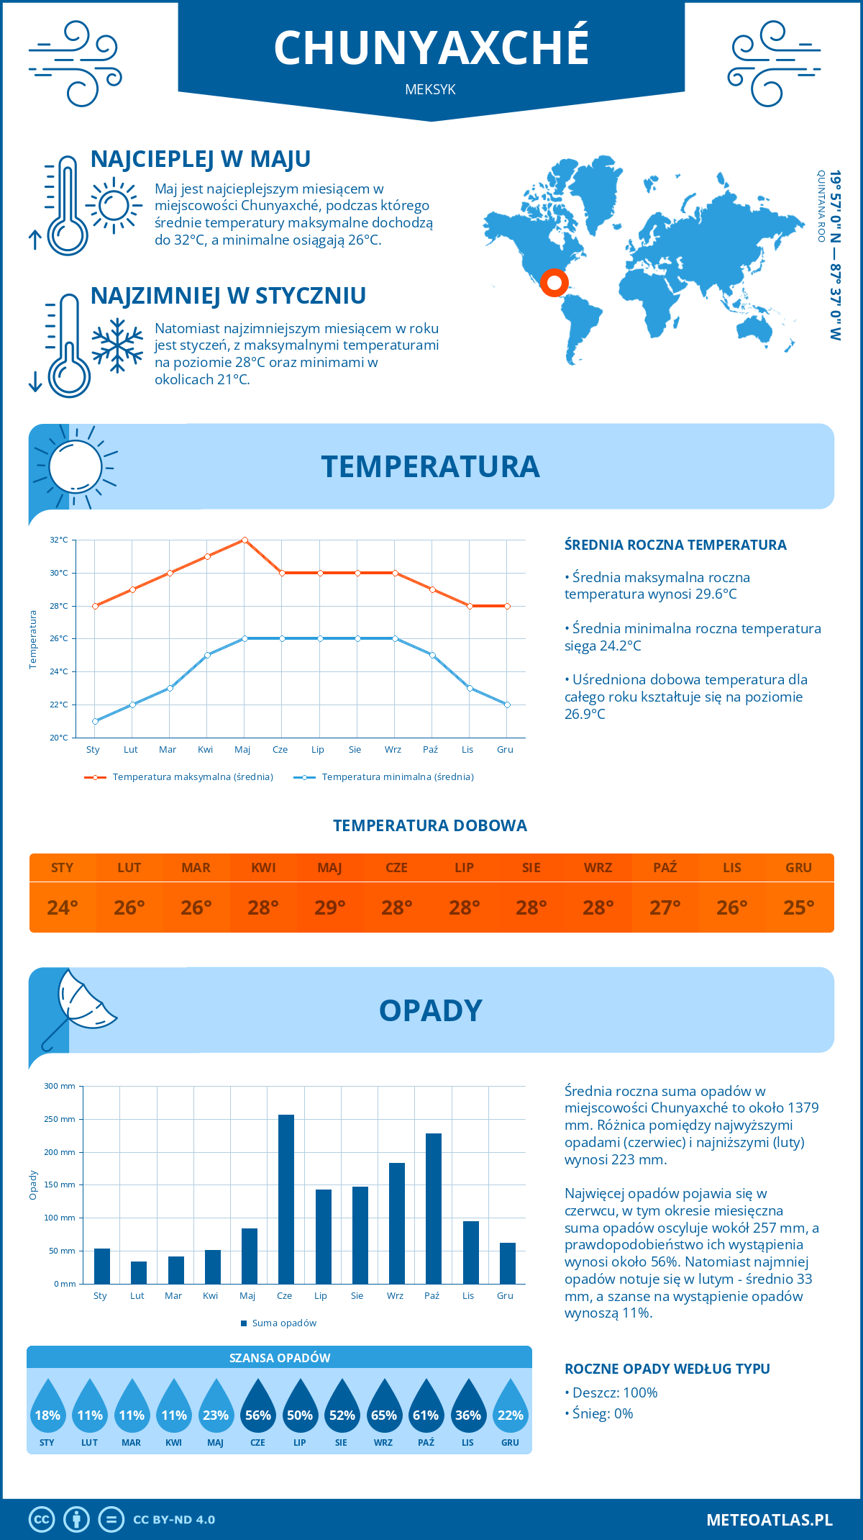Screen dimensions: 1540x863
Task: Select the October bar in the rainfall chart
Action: (433, 1208)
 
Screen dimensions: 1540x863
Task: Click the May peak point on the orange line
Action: (245, 540)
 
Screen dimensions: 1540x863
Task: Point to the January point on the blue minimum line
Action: (95, 721)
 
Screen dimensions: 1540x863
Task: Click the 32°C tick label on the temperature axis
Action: (59, 540)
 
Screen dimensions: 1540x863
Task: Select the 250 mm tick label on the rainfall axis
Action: (60, 1119)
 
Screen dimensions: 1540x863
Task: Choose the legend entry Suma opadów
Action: (283, 1323)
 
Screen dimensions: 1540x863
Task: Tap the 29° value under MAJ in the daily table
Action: (330, 907)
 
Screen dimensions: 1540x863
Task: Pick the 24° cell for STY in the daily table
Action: (63, 907)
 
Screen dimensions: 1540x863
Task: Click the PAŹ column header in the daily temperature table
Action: (665, 868)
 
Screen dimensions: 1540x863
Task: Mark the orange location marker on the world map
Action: (554, 282)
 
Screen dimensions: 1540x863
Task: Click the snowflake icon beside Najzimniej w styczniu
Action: (117, 345)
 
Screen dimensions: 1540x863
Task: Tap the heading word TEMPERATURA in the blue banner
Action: (430, 466)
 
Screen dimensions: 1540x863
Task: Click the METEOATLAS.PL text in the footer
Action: (769, 1520)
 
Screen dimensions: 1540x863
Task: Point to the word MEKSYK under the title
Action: (430, 90)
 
